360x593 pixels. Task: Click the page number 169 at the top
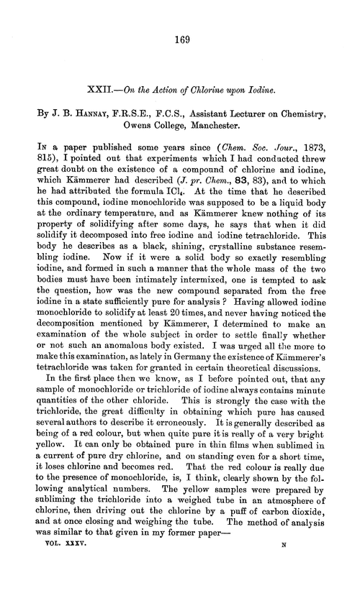[x=180, y=40]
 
